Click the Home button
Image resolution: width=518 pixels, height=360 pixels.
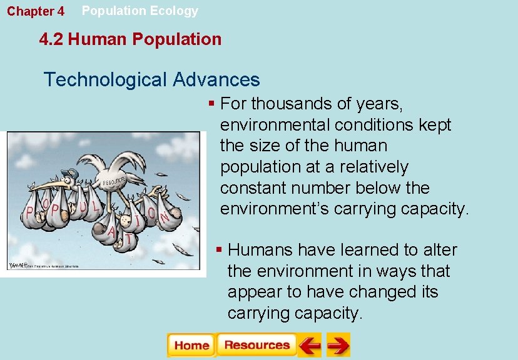191,345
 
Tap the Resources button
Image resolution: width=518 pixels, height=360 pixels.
256,345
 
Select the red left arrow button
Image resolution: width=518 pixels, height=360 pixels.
310,345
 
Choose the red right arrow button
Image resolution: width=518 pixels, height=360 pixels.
338,345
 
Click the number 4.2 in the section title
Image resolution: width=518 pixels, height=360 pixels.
51,39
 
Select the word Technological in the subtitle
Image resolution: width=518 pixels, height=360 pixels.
106,80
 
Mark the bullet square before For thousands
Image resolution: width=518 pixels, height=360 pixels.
212,102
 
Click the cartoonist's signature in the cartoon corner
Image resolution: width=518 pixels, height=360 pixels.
19,264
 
